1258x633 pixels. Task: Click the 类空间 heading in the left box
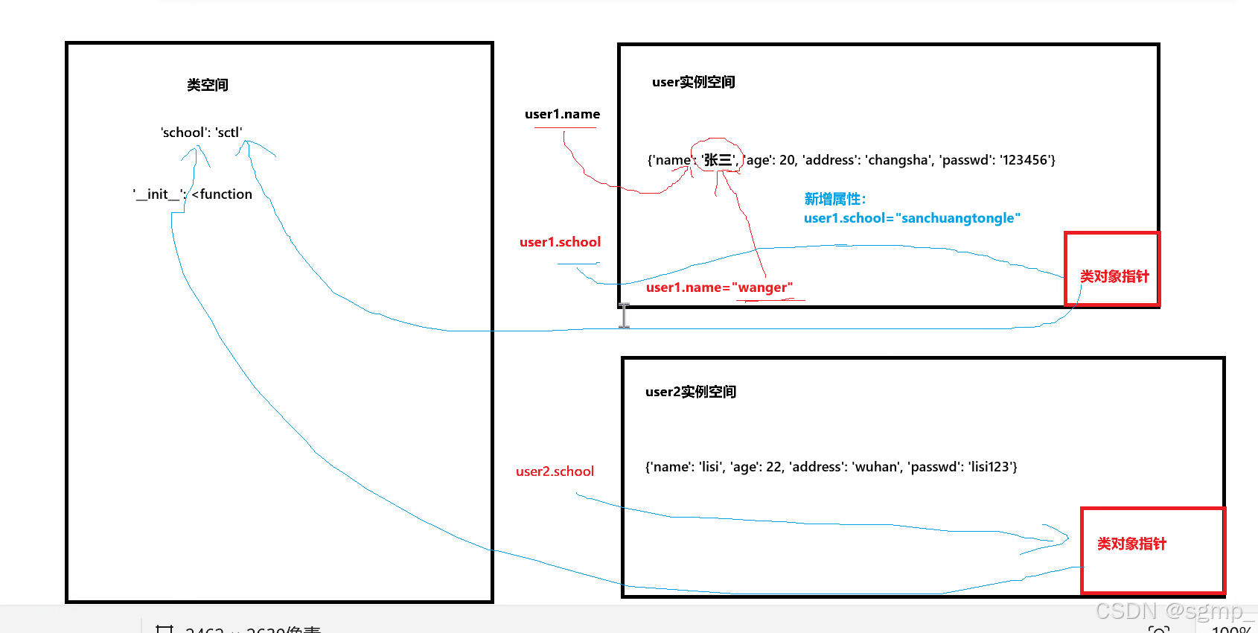click(208, 85)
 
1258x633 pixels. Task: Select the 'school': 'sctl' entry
click(201, 133)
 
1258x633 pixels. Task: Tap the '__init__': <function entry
click(193, 194)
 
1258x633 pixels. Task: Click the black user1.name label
click(562, 114)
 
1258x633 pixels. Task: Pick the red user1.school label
click(560, 242)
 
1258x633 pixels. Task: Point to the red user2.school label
click(555, 471)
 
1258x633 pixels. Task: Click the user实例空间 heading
click(693, 82)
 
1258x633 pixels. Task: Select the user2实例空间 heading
click(690, 392)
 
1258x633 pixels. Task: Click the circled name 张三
click(718, 159)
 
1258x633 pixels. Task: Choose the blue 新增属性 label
click(834, 199)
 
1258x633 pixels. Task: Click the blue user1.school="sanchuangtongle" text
click(912, 218)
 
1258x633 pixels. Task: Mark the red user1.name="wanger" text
click(719, 287)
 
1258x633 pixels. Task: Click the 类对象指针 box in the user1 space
click(1113, 270)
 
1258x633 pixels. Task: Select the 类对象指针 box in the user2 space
click(1152, 550)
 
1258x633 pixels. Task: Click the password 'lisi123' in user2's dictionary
click(990, 467)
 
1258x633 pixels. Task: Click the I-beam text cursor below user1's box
click(624, 315)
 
